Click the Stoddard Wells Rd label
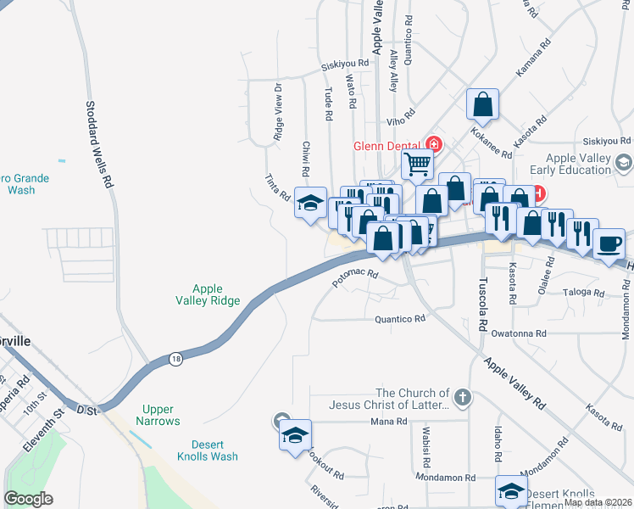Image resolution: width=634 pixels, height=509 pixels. click(98, 144)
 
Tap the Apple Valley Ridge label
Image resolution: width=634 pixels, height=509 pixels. click(208, 294)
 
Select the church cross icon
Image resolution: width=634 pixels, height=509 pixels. click(462, 397)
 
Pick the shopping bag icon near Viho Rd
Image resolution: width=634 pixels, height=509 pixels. click(482, 104)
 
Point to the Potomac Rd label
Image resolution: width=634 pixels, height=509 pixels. click(354, 281)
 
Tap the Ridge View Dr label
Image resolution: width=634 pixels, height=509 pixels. click(278, 111)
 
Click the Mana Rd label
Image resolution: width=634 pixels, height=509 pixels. click(389, 422)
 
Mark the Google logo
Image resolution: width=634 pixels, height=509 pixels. click(29, 499)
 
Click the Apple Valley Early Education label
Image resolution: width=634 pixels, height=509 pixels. click(579, 164)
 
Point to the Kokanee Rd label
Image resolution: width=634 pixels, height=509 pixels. click(493, 143)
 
